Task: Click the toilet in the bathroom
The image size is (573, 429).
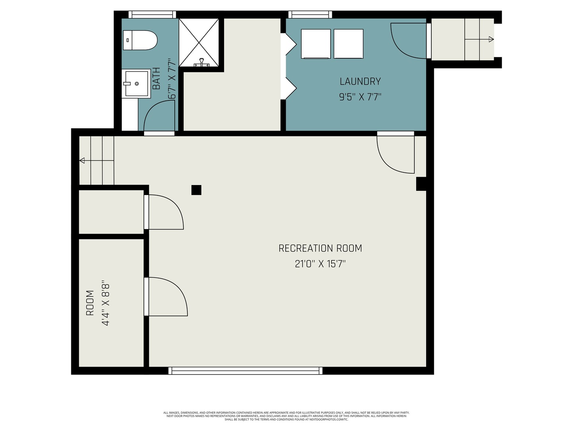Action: point(140,40)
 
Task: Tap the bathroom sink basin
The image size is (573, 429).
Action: point(136,83)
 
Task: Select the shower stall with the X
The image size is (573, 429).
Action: point(199,43)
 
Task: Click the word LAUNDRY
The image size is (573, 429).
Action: point(360,81)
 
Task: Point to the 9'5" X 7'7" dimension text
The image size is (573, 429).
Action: point(360,97)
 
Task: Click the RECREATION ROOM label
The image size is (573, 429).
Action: point(320,248)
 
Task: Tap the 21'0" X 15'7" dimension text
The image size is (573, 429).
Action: point(320,264)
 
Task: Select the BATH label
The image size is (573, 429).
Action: point(156,78)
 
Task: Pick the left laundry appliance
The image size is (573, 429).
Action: point(316,44)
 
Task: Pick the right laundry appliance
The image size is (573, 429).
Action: point(348,44)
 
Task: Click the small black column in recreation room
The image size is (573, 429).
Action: point(196,190)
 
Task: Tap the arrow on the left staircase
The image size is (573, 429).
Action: point(82,160)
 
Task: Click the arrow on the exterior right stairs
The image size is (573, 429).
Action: point(491,39)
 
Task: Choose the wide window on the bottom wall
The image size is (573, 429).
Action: point(246,371)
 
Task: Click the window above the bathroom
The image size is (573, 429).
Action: point(152,15)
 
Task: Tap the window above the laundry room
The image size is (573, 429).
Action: point(310,15)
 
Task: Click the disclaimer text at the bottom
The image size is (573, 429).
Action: point(286,416)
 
